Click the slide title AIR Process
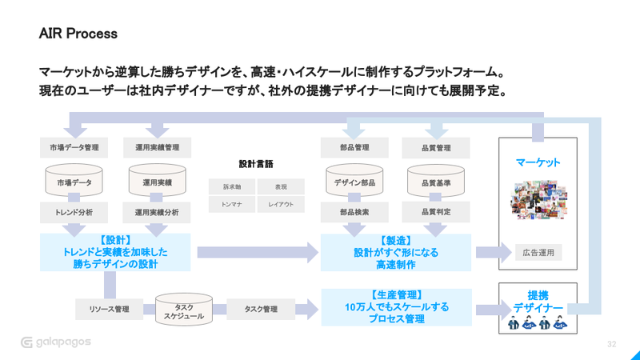pos(78,34)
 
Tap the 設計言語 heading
pos(256,164)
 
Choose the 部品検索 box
pos(354,213)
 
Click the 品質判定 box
pos(436,213)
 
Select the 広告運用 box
pos(538,253)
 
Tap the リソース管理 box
pos(109,309)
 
